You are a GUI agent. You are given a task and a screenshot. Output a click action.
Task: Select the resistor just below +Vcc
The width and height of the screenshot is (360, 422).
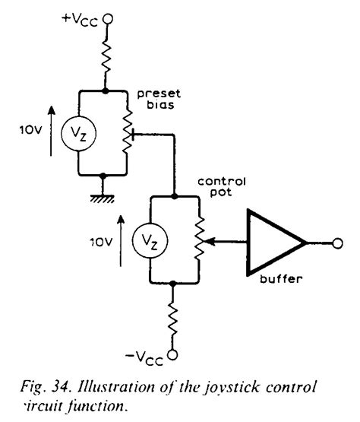pyautogui.click(x=106, y=57)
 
